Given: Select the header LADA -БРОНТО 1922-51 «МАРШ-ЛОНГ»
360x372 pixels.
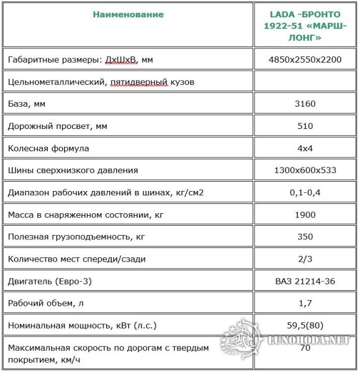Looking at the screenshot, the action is (304, 26).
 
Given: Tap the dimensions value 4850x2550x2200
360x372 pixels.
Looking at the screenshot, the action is (305, 60).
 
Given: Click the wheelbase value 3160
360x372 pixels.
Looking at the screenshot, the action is (305, 104).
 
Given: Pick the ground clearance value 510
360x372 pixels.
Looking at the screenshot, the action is (305, 126).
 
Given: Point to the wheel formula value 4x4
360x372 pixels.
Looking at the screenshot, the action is (305, 148).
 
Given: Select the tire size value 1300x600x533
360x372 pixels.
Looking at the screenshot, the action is (305, 170).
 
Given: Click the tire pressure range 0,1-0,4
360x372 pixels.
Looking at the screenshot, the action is (305, 192).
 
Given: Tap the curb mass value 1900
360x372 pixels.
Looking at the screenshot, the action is (305, 215).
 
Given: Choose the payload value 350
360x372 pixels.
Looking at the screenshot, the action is (305, 237).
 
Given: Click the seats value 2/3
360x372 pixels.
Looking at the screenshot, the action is (305, 259).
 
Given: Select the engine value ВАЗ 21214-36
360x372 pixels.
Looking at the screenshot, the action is (305, 281).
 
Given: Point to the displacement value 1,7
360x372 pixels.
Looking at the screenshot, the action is (305, 303).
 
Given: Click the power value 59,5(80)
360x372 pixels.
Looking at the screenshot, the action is (305, 325).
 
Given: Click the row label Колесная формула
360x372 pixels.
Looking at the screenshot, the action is (48, 149).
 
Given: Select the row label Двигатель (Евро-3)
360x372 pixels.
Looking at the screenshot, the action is (50, 281).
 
